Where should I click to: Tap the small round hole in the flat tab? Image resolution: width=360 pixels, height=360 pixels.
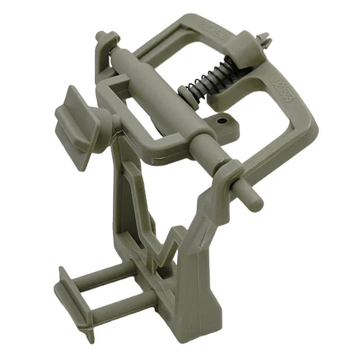point(223,120)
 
